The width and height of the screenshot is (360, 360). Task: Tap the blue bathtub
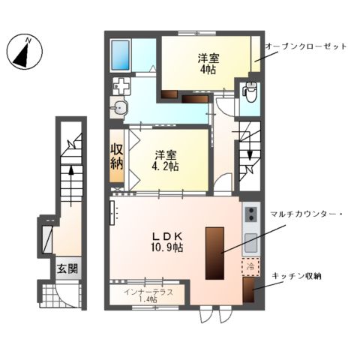pyautogui.click(x=121, y=54)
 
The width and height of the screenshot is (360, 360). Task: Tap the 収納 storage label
pyautogui.click(x=117, y=160)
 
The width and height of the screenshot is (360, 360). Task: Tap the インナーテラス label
pyautogui.click(x=149, y=291)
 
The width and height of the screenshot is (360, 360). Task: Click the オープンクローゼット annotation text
pyautogui.click(x=305, y=46)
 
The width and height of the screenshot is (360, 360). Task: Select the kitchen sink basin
pyautogui.click(x=250, y=241)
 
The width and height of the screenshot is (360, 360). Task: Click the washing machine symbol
pyautogui.click(x=120, y=85)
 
